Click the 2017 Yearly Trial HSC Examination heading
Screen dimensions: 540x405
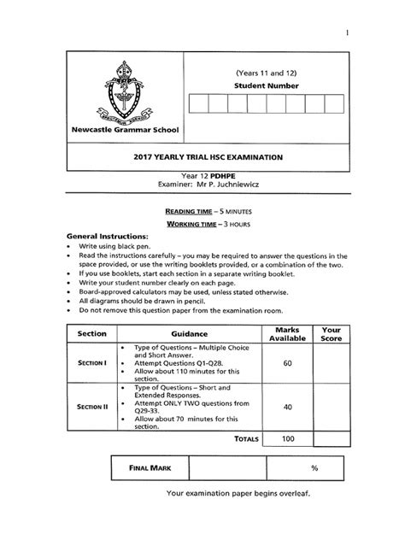coord(202,157)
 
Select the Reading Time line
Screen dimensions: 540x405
coord(202,208)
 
